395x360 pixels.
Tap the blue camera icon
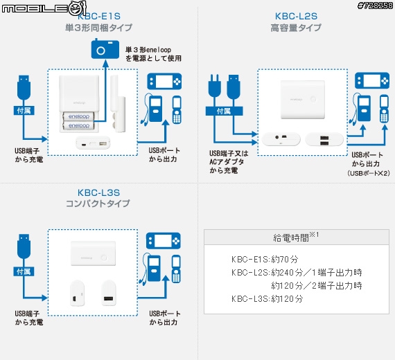(x=105, y=50)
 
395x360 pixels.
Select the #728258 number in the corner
(x=375, y=6)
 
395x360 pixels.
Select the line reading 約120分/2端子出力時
(x=316, y=285)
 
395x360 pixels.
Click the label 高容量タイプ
(x=296, y=29)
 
